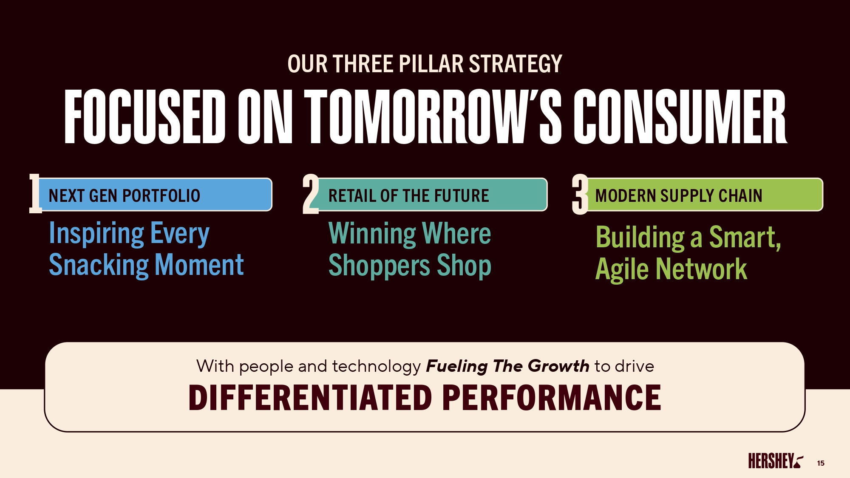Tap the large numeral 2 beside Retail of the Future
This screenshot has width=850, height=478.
pos(311,194)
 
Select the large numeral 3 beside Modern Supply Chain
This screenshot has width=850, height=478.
pos(580,194)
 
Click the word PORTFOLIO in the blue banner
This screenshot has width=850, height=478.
pos(161,196)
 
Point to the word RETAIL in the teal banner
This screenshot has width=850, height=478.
pos(352,196)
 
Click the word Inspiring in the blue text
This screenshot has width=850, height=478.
pos(97,233)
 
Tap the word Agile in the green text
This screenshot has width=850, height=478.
pos(622,269)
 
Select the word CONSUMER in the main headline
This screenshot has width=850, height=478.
pos(680,116)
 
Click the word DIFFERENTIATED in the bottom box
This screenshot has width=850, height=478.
pos(310,398)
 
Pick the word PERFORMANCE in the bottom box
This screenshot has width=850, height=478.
pos(552,398)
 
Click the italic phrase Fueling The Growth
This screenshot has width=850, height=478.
pos(507,366)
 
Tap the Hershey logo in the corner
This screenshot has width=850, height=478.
pos(776,461)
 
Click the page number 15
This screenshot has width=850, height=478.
pos(821,463)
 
